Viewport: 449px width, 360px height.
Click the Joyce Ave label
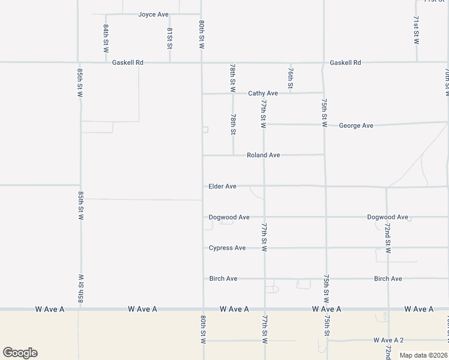coord(153,14)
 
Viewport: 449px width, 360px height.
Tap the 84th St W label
coord(106,37)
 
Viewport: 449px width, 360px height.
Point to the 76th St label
coord(290,79)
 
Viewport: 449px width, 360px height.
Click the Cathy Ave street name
coord(263,94)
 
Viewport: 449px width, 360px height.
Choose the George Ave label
coord(356,125)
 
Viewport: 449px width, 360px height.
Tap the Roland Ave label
coord(263,155)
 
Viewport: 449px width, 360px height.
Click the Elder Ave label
coord(222,187)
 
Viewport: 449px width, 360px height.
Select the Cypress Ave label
coord(227,248)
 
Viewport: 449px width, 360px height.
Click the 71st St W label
coord(416,30)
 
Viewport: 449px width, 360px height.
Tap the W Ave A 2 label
coord(388,340)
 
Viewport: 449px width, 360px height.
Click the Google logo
coord(20,353)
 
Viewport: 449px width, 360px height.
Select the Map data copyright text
coord(423,355)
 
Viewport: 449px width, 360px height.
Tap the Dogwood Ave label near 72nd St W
coord(387,217)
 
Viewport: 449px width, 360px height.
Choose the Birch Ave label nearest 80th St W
coord(223,279)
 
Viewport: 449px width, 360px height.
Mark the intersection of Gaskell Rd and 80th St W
coord(201,62)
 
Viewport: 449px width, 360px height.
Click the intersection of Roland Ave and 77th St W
coord(264,155)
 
